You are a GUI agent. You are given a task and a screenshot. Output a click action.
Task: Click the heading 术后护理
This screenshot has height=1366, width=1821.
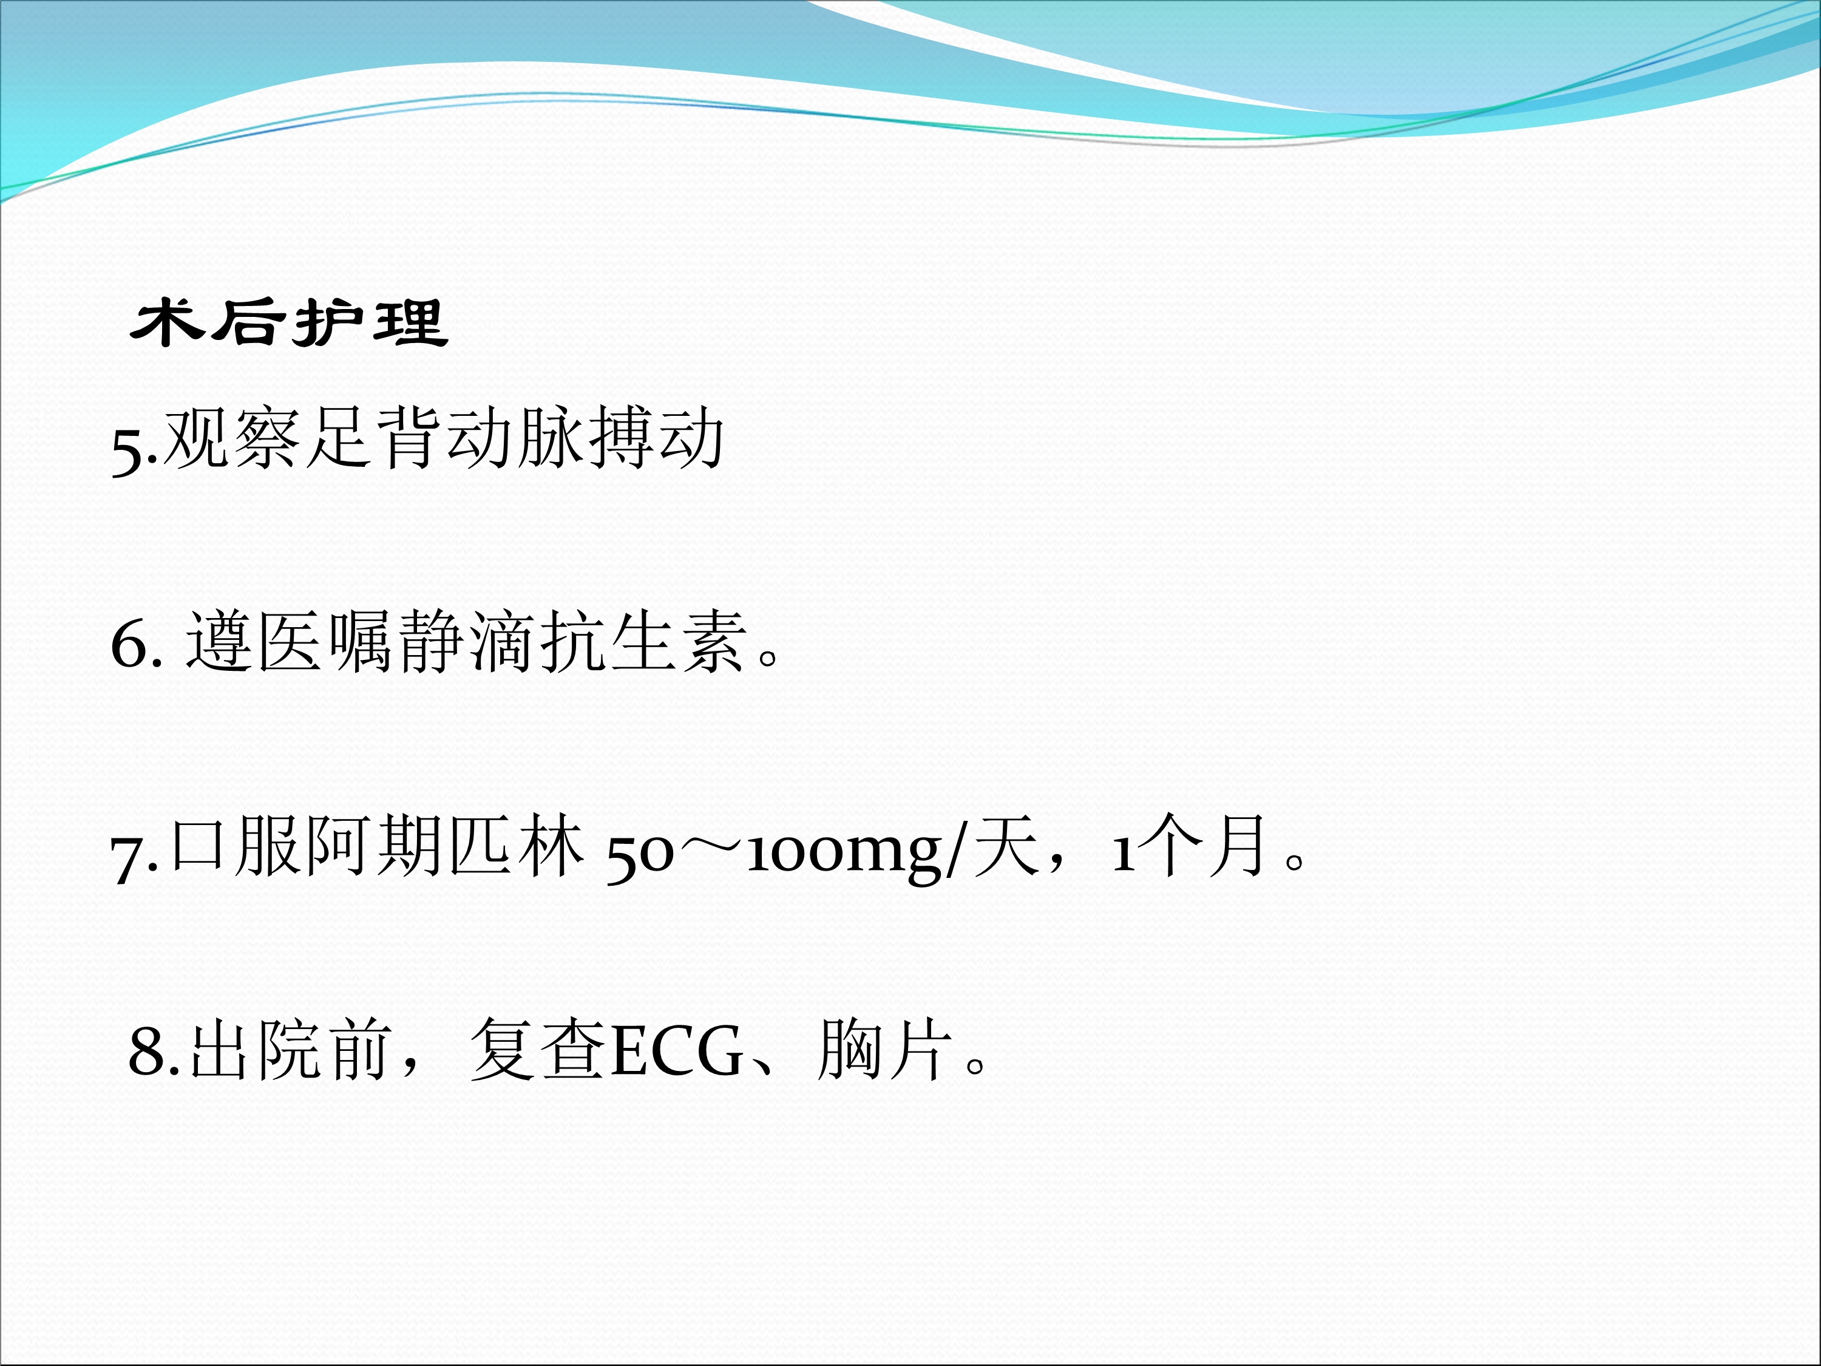point(289,323)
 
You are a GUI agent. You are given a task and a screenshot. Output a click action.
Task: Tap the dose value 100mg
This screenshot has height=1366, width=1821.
point(843,853)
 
